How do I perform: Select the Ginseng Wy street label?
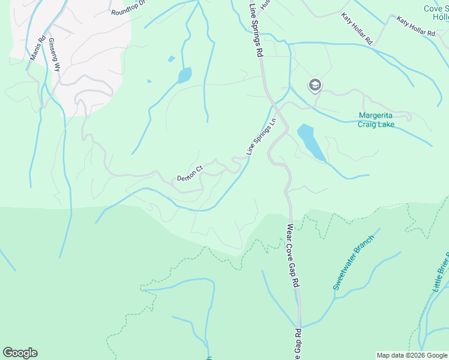[x=55, y=55]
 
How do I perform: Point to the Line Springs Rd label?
[x=256, y=29]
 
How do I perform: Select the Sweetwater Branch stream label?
[x=354, y=262]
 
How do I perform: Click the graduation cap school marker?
[x=315, y=85]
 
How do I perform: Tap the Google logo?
[x=20, y=353]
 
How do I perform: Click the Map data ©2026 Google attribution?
[x=412, y=355]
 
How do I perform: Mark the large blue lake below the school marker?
[x=310, y=140]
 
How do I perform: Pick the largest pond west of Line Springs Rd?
[x=184, y=76]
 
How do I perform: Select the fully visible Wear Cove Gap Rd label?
[x=292, y=255]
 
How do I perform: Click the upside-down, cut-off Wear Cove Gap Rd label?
[x=297, y=344]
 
